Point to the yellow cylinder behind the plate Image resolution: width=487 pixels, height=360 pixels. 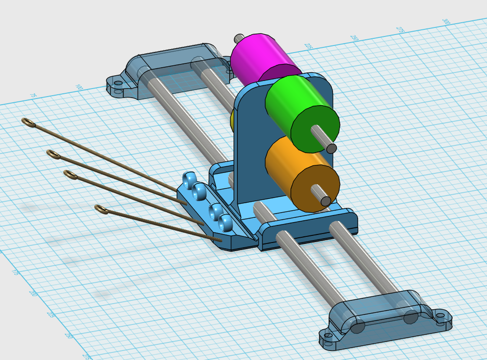[232, 122]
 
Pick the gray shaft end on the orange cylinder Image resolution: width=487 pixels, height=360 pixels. [326, 201]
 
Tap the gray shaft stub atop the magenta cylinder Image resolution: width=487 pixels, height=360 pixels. [239, 38]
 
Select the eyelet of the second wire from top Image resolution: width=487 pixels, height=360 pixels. [53, 154]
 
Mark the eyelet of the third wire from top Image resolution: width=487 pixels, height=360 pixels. [70, 175]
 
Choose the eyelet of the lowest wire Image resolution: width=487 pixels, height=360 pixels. [101, 209]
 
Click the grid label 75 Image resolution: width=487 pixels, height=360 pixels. [33, 96]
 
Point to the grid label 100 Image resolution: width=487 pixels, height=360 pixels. [79, 88]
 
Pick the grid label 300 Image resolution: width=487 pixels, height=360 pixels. [446, 22]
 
